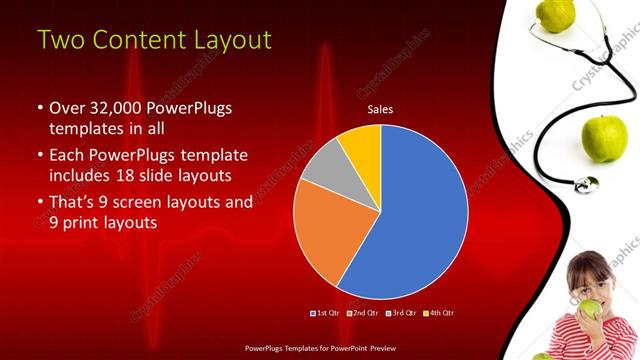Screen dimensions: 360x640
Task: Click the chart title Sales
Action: (x=380, y=109)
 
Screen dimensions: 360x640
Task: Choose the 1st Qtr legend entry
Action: (x=326, y=313)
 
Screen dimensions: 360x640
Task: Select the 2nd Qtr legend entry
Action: (x=362, y=313)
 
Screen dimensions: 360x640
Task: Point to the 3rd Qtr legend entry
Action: (x=399, y=313)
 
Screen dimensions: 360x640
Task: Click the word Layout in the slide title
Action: (x=225, y=40)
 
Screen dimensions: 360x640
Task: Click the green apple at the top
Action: (x=556, y=13)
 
